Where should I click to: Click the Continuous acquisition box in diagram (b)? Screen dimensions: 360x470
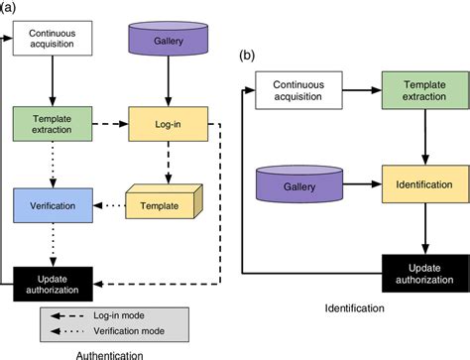[x=296, y=91]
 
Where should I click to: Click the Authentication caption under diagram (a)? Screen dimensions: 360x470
[x=109, y=353]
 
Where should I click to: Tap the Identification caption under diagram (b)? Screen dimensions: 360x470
[x=354, y=309]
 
